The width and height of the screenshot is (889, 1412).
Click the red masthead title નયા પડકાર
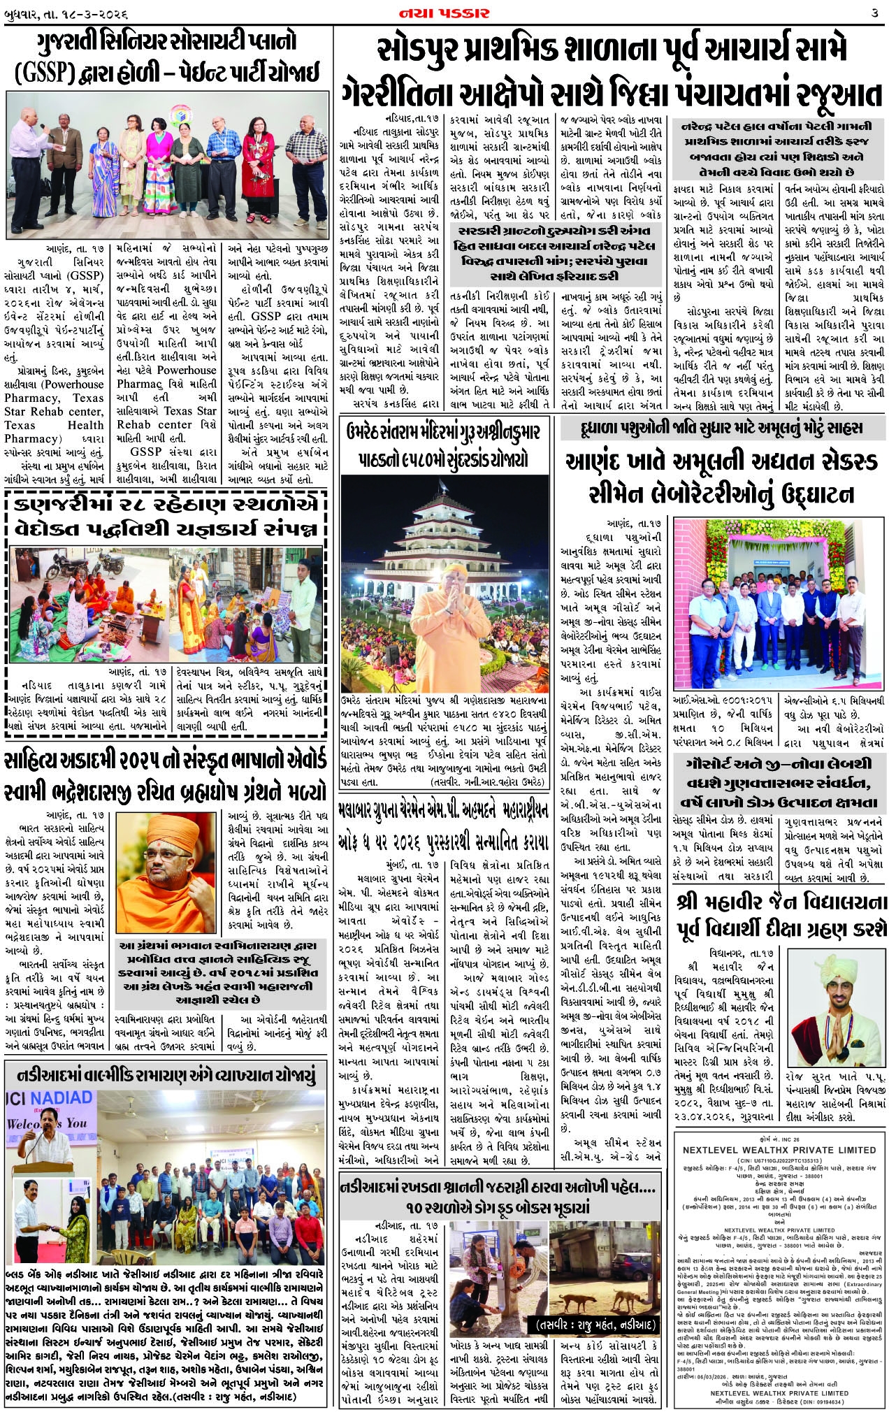pos(445,13)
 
